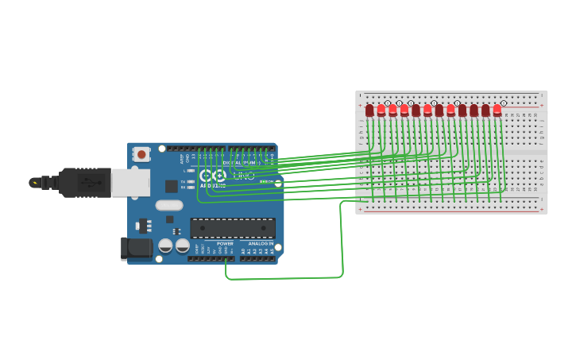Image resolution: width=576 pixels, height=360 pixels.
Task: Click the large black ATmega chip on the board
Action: pos(233,228)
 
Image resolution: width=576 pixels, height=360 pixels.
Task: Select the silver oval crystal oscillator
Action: pos(168,205)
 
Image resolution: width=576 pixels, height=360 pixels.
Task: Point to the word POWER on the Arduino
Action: pos(225,243)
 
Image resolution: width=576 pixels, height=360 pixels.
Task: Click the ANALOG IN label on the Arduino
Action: pos(260,243)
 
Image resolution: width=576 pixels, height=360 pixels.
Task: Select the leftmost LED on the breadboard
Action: pos(369,110)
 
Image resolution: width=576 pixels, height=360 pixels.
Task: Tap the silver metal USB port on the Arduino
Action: pos(130,182)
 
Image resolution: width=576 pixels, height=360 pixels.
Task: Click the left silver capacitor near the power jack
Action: pos(166,245)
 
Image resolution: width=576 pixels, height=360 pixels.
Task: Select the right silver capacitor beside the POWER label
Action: pos(183,245)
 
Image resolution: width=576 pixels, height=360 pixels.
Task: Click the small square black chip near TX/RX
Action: pos(172,186)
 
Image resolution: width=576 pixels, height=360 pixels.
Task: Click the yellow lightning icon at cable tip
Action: pos(34,182)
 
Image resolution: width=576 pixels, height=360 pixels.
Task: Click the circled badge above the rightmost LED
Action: pos(503,103)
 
